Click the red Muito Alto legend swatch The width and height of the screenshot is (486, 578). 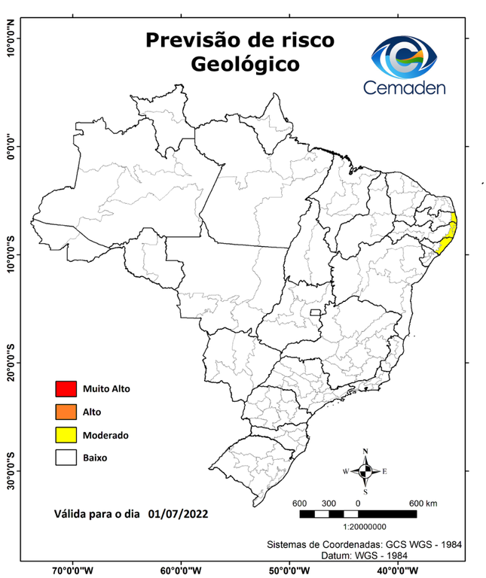[66, 389]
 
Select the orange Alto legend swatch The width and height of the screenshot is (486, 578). [66, 412]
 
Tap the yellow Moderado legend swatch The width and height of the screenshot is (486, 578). [66, 434]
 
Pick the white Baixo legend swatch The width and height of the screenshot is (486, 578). [66, 457]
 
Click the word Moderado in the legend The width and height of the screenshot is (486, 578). [106, 435]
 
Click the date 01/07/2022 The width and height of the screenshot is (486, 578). [179, 515]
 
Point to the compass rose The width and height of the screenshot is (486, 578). [365, 471]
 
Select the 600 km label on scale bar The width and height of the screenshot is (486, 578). [423, 503]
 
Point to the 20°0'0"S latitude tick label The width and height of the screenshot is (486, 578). [11, 364]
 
